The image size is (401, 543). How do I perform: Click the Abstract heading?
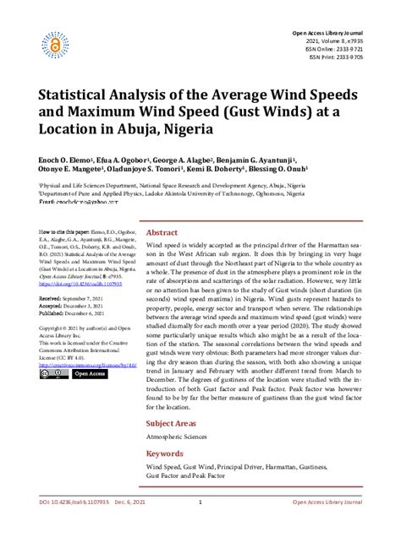tap(162, 231)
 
